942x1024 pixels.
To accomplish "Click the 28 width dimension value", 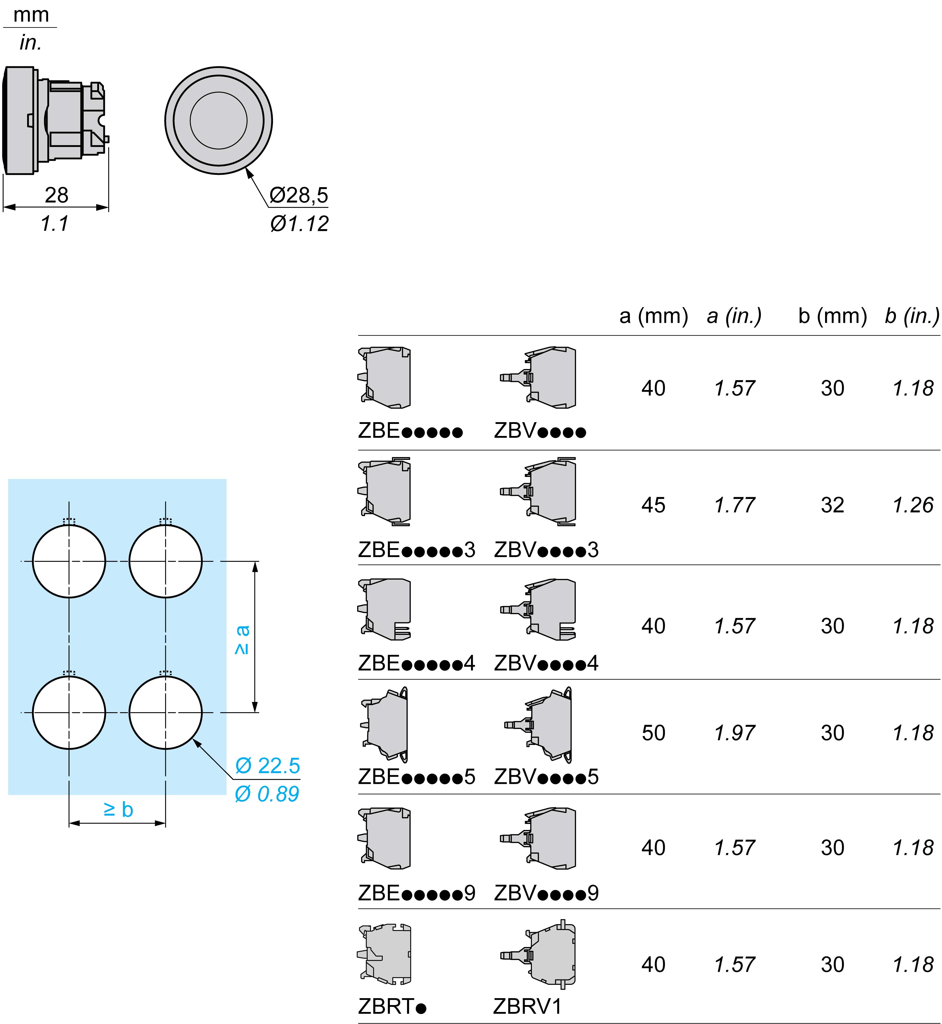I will tap(56, 195).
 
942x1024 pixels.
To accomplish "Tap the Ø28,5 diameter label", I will tap(299, 195).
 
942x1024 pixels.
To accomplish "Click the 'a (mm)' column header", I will tap(653, 316).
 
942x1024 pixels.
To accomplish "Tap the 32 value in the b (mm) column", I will tap(833, 505).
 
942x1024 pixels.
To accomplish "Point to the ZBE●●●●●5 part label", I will tap(417, 777).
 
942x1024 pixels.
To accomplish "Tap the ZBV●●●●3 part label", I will tap(546, 550).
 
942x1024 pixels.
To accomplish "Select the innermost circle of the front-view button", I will tap(219, 120).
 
